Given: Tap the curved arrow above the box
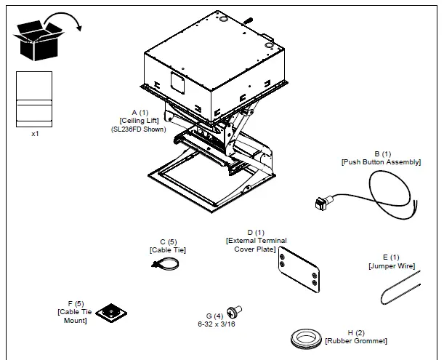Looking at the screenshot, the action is (x=63, y=15).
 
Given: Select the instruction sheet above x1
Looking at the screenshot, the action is (x=34, y=99).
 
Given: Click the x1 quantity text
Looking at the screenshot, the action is (x=35, y=134).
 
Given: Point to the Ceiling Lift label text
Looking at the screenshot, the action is (x=139, y=121).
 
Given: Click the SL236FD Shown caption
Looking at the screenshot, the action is (x=139, y=129).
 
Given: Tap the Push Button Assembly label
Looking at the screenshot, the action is (x=381, y=162).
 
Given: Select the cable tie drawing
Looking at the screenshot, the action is (x=166, y=263).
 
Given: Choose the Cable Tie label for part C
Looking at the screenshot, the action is (x=168, y=250).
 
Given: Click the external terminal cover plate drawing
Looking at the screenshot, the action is (x=299, y=269).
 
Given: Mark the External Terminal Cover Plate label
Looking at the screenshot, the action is (x=257, y=245).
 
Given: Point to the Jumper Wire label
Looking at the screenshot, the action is (x=392, y=266).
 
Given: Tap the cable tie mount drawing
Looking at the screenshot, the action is (x=111, y=313).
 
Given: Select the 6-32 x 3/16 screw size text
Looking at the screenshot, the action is (x=217, y=324).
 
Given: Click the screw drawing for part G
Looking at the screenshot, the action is (x=235, y=311).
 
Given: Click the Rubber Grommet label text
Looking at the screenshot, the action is (x=356, y=340).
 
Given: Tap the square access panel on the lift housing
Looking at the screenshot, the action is (x=178, y=82).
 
